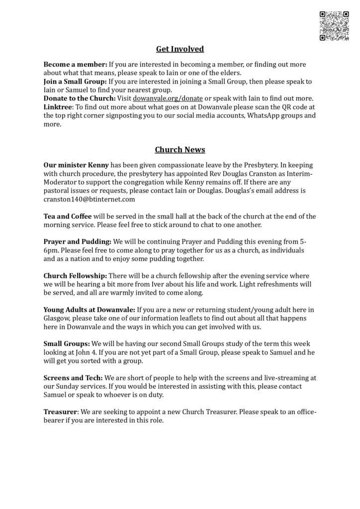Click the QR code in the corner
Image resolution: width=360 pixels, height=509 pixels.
(334, 25)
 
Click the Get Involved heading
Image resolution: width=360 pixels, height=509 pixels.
(180, 49)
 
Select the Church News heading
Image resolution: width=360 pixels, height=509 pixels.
(180, 149)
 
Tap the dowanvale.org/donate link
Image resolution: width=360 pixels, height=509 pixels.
(168, 98)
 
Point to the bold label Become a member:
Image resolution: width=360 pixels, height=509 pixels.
(75, 65)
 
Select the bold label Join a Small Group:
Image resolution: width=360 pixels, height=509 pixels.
(75, 82)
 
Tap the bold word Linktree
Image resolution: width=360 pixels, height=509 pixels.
(58, 107)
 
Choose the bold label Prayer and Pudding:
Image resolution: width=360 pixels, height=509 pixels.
(77, 242)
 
